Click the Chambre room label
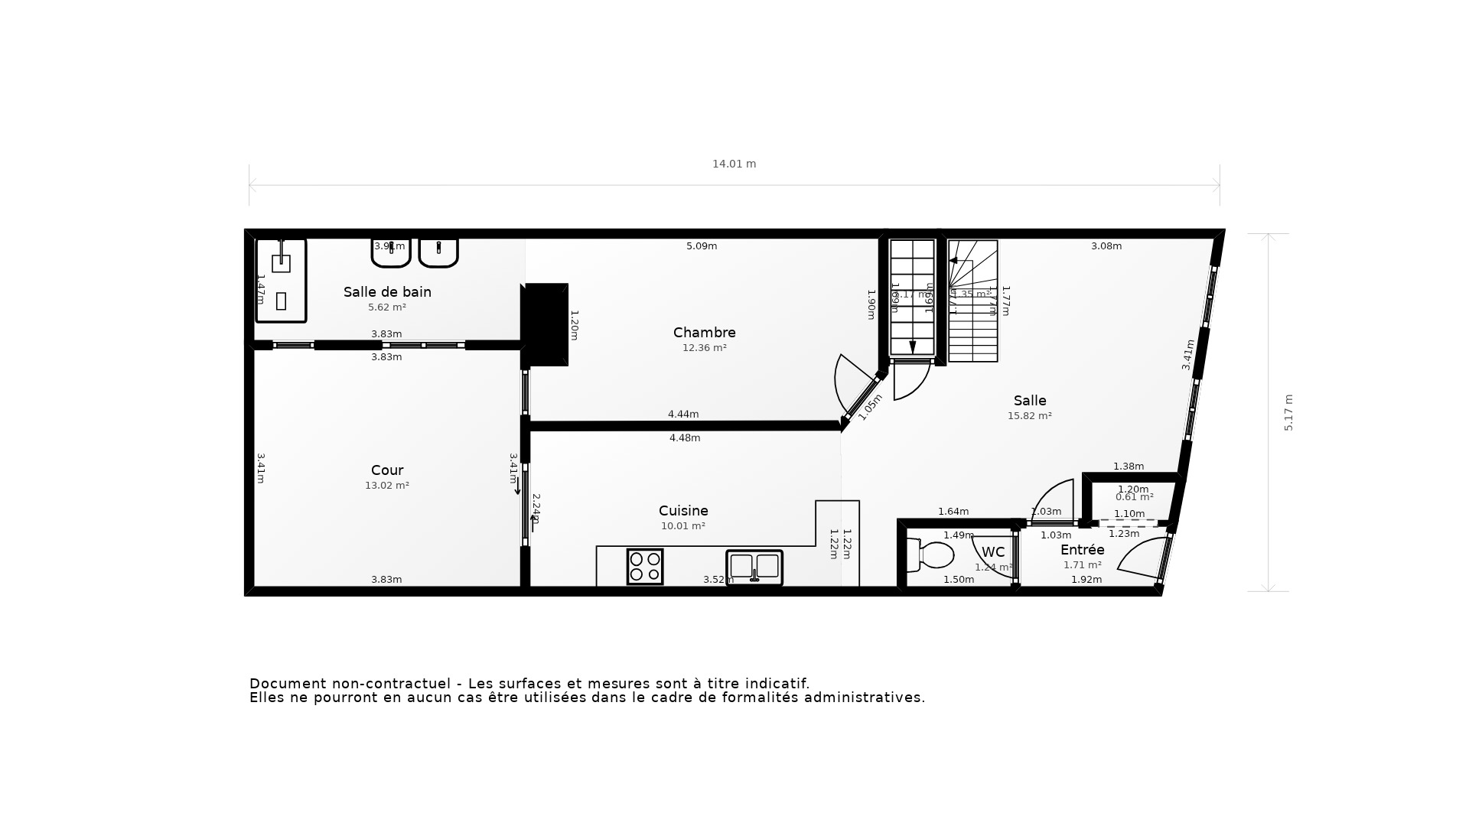point(704,333)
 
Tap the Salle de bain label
point(387,292)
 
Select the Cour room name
point(387,470)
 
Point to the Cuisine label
point(683,511)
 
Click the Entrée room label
point(1082,550)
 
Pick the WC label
point(993,552)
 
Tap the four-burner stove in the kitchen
point(645,567)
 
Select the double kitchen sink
point(754,567)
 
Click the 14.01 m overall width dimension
point(734,164)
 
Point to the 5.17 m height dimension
point(1288,413)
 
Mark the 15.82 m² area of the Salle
point(1029,416)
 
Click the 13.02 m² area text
point(387,486)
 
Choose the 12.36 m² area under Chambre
point(704,348)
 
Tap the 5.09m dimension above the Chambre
point(702,246)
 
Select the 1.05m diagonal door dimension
point(870,408)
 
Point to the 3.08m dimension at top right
point(1106,246)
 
